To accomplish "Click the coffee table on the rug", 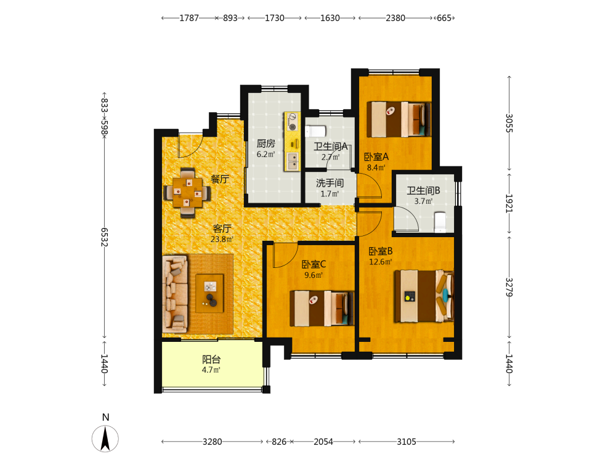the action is coord(210,293).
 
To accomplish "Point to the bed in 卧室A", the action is coord(399,120).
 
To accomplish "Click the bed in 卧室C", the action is coord(322,309).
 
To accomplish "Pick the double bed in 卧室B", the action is coord(424,296).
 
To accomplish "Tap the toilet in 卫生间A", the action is coord(315,131).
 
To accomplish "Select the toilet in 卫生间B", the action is coord(440,222).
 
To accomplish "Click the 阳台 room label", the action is coord(211,359).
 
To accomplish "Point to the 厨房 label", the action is coord(266,144).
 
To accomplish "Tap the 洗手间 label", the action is coord(330,183).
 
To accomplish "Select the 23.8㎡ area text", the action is coord(222,239).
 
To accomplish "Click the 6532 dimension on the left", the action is coord(104,237).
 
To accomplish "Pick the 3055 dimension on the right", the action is coord(509,123).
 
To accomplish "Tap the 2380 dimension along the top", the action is coord(395,18).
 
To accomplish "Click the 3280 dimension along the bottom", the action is coord(212,442).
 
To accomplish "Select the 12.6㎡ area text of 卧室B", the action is coord(380,262).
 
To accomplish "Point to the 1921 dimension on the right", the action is coord(509,203).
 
